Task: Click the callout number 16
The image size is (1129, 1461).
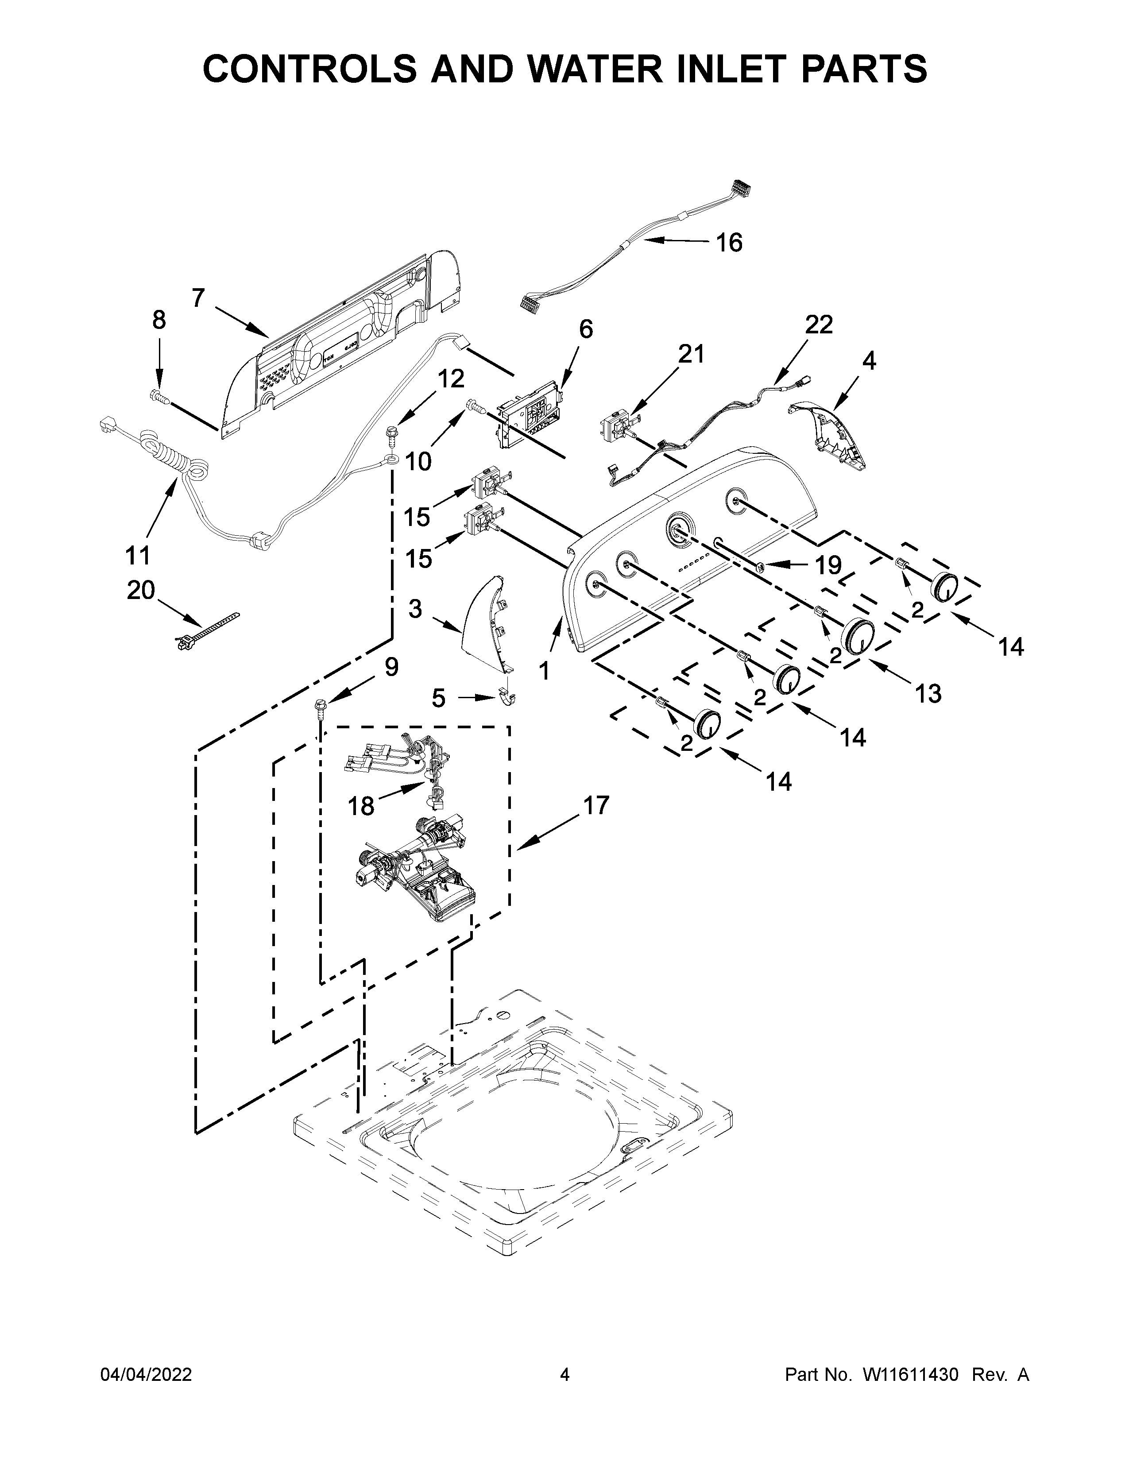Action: coord(729,243)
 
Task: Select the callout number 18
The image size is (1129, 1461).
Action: coord(361,806)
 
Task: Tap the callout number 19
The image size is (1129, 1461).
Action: coord(827,566)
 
